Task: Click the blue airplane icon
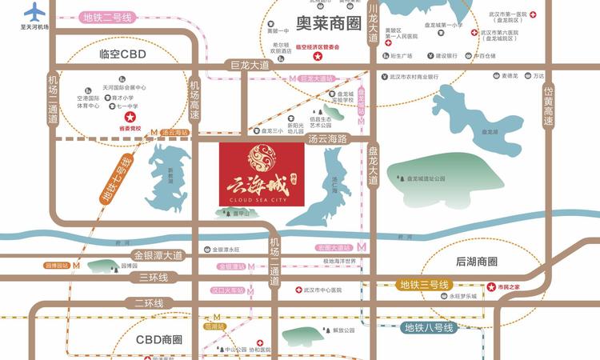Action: (x=35, y=12)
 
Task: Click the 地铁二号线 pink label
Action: (x=106, y=16)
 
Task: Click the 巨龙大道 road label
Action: (x=250, y=66)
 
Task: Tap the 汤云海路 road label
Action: (x=327, y=138)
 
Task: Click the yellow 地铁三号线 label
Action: (x=426, y=285)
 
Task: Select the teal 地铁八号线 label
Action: (x=428, y=327)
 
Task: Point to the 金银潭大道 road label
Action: (x=158, y=255)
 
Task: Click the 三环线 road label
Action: (x=151, y=278)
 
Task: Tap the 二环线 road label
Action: (x=149, y=303)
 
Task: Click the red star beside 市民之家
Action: (x=491, y=286)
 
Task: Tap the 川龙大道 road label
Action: (x=372, y=27)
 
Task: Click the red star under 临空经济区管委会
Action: (x=318, y=58)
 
